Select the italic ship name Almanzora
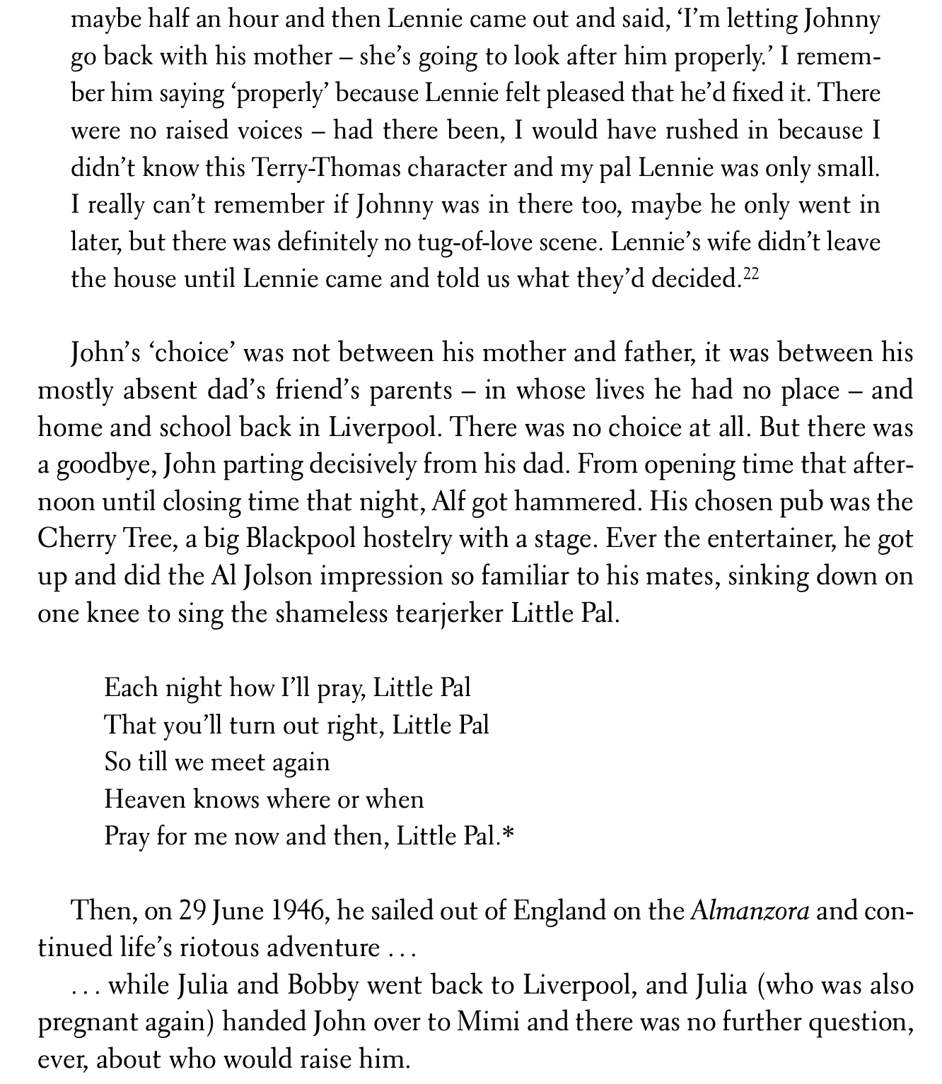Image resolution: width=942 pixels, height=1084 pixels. [x=750, y=912]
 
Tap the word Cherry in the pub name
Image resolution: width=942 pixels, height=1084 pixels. [x=78, y=540]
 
